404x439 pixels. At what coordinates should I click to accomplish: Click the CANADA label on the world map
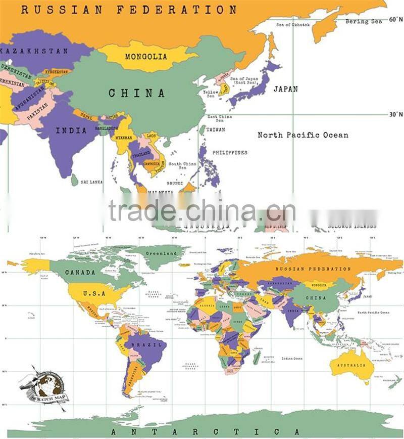click(x=80, y=272)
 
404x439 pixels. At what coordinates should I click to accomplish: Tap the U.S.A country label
click(x=94, y=293)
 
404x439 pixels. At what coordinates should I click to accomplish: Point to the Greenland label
click(x=161, y=253)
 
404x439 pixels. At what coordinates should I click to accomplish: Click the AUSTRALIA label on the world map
click(x=352, y=365)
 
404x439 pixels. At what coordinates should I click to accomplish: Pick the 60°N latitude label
click(x=395, y=19)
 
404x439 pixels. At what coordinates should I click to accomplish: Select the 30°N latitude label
click(x=395, y=114)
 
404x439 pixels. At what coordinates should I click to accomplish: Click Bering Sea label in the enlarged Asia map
click(x=364, y=22)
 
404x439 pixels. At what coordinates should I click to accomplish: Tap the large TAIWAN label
click(x=216, y=130)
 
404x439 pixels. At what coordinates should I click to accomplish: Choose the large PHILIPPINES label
click(x=230, y=152)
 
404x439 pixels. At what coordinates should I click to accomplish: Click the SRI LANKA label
click(x=92, y=182)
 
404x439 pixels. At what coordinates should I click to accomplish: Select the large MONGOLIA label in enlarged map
click(x=145, y=57)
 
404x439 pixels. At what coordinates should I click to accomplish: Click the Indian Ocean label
click(x=292, y=359)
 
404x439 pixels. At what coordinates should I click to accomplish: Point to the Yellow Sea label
click(x=211, y=94)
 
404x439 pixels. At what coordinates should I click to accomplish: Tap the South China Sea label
click(x=182, y=166)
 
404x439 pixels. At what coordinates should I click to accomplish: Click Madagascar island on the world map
click(x=257, y=358)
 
